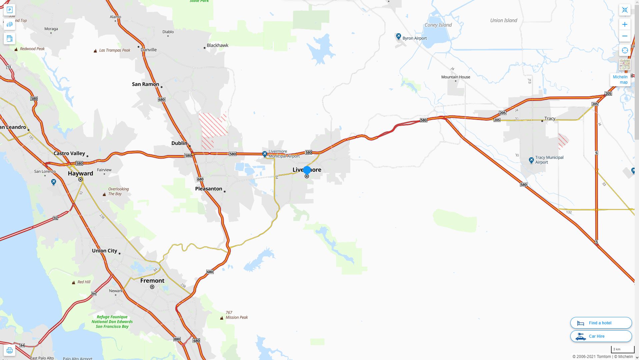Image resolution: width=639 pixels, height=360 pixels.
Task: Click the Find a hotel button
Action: coord(601,323)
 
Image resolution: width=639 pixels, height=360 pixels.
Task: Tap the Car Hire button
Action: coord(601,336)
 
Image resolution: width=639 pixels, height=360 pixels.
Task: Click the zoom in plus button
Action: coord(625,24)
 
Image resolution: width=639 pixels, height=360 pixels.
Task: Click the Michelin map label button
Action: coord(620,80)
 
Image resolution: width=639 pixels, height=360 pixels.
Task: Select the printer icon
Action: coord(9,350)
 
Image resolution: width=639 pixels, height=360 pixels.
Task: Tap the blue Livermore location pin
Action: coord(307,170)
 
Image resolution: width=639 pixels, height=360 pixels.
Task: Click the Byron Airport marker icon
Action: coord(398,36)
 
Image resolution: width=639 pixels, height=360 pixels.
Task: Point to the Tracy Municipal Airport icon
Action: coord(531,160)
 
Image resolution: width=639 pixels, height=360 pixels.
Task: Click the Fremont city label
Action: coord(152,281)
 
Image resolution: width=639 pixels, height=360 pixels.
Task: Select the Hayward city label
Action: coord(80,173)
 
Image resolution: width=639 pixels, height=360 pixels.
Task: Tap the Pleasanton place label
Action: coord(209,189)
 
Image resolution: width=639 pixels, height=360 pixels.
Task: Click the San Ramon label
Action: coord(145,84)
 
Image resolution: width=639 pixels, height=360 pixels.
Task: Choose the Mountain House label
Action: coord(456,77)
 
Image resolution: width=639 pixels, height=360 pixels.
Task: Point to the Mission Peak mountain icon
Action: coord(222,318)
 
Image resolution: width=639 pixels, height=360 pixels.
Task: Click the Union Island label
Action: coord(503,20)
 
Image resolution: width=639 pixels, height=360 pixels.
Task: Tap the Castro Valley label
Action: coord(69,153)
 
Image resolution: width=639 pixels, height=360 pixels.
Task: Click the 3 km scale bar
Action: coord(622,349)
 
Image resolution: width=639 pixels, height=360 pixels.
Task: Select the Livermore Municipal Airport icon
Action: coord(265,154)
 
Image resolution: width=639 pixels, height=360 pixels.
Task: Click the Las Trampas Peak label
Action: coord(115,50)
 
